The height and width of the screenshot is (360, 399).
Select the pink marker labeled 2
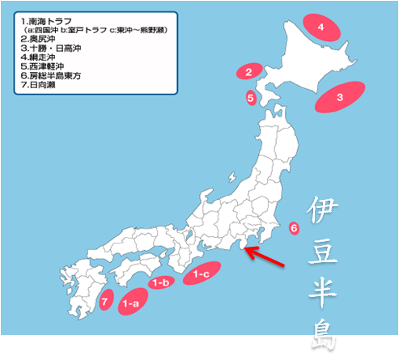250,72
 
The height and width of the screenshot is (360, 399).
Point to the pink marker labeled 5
251,99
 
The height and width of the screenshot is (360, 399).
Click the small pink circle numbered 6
294,227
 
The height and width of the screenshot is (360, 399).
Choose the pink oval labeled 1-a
129,303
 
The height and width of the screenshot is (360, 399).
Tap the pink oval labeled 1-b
160,282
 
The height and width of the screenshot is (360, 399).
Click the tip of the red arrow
246,250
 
